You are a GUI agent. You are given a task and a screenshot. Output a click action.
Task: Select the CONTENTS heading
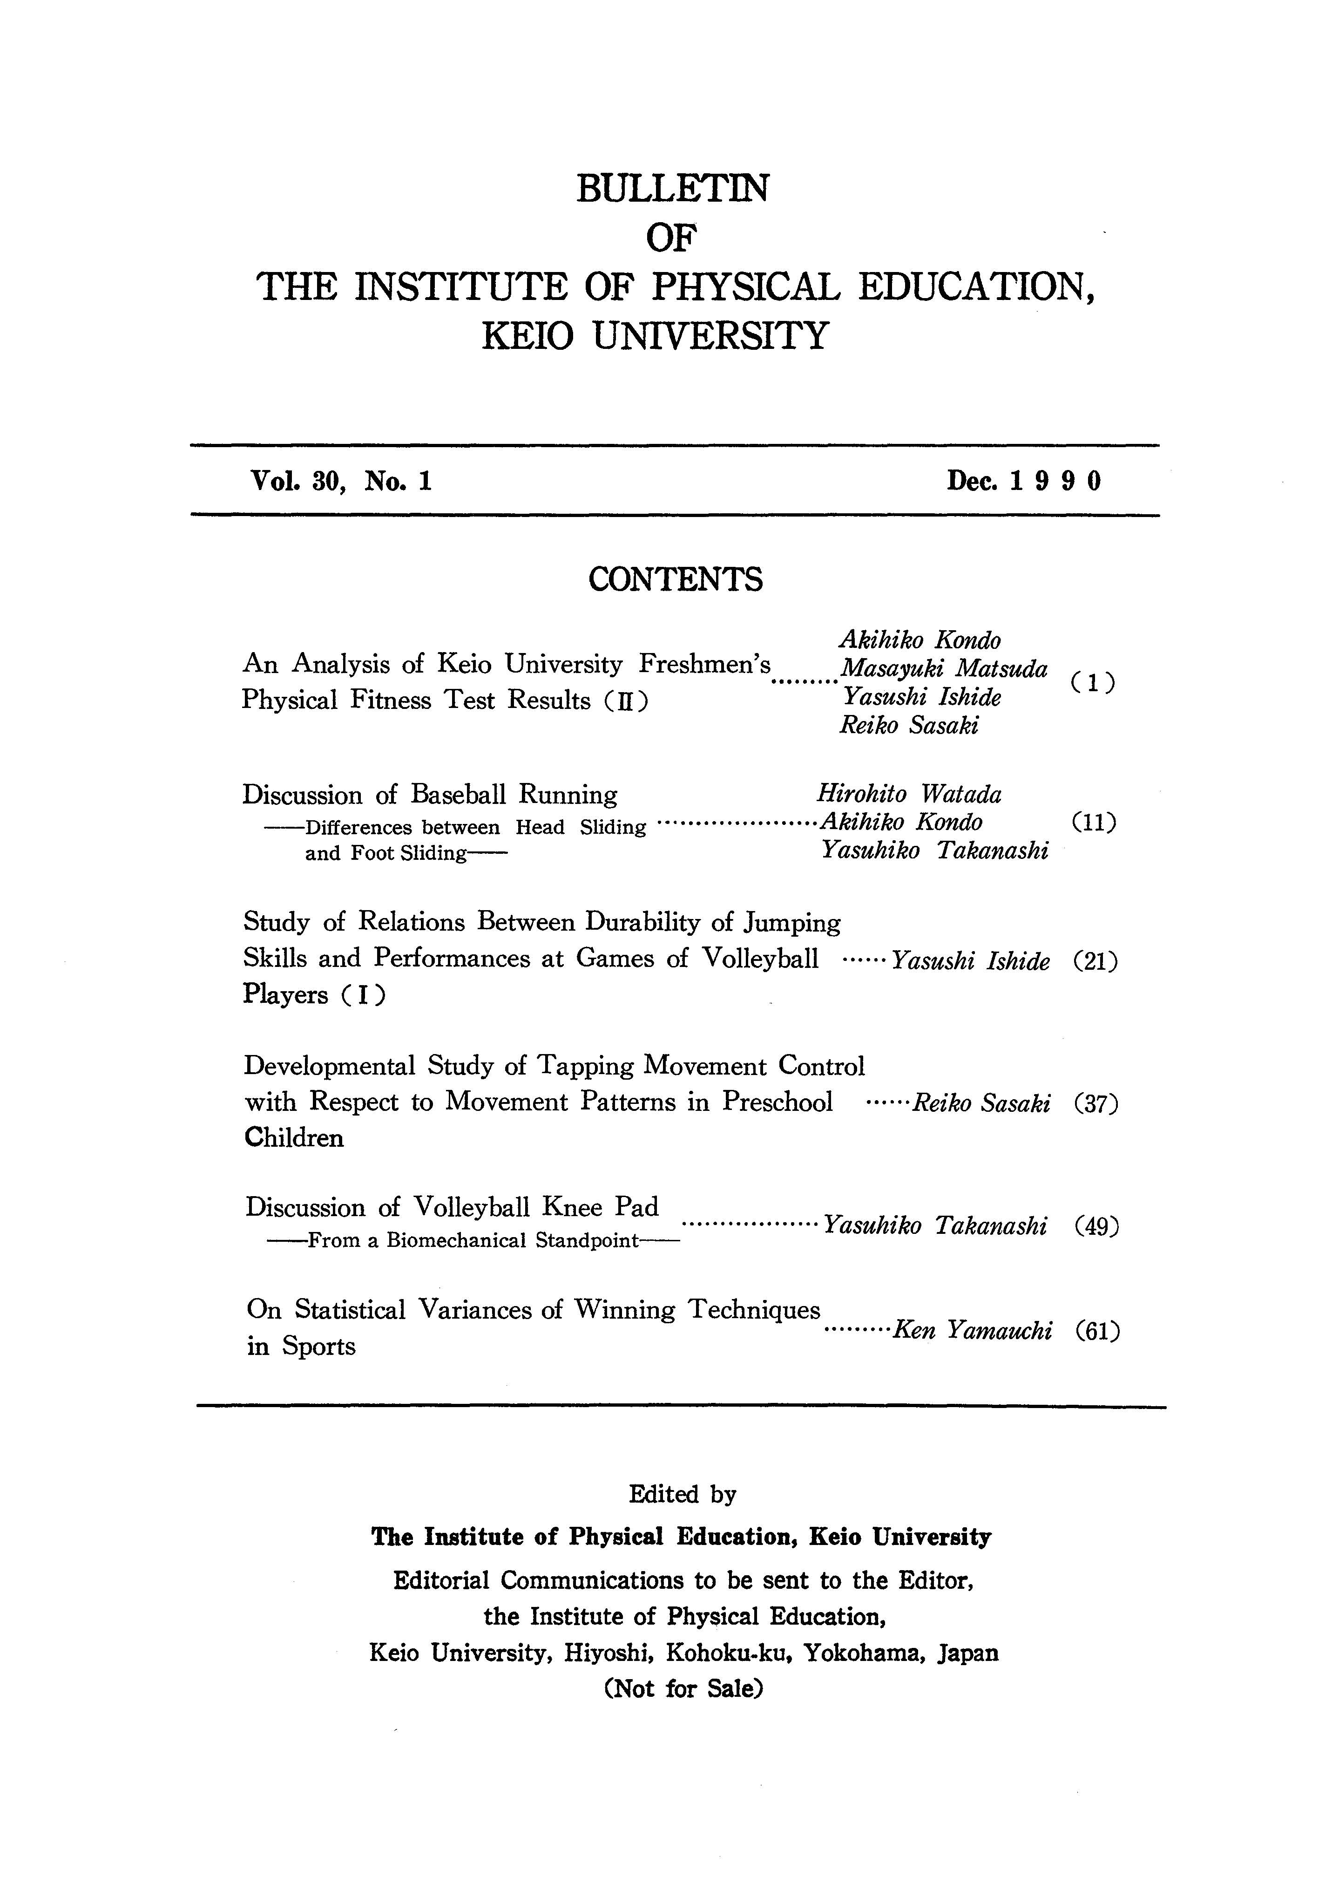point(675,579)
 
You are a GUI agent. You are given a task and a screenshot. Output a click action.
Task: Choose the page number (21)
point(1095,961)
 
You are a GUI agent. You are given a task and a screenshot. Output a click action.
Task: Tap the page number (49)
point(1095,1226)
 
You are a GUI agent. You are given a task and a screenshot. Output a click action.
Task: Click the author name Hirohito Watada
point(909,794)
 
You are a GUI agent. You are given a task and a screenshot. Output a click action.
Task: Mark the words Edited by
point(682,1494)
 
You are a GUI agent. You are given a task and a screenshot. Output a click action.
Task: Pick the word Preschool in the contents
point(777,1102)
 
